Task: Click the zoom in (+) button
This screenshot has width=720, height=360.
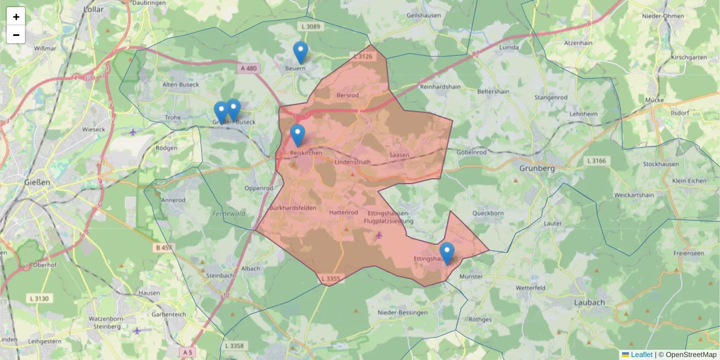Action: point(16,17)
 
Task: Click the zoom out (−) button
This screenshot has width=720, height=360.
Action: point(16,35)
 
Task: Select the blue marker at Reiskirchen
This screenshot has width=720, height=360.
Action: point(297,135)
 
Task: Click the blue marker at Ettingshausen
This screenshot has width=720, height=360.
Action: point(446,253)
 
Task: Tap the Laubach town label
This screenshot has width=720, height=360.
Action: point(589,302)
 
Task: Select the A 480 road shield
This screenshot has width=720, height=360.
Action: point(248,68)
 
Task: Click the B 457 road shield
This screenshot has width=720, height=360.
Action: point(164,247)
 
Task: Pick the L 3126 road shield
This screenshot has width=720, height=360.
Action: point(363,56)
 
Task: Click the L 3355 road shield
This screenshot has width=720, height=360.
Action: point(331,278)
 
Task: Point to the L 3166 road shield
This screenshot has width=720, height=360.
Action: point(596,161)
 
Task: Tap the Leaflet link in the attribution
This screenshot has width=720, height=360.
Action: point(641,355)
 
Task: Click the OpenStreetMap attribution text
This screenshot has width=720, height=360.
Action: point(691,355)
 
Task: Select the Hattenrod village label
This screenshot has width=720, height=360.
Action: point(344,212)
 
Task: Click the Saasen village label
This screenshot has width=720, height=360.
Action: point(399,155)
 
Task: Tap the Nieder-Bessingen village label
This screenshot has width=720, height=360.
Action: point(403,313)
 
